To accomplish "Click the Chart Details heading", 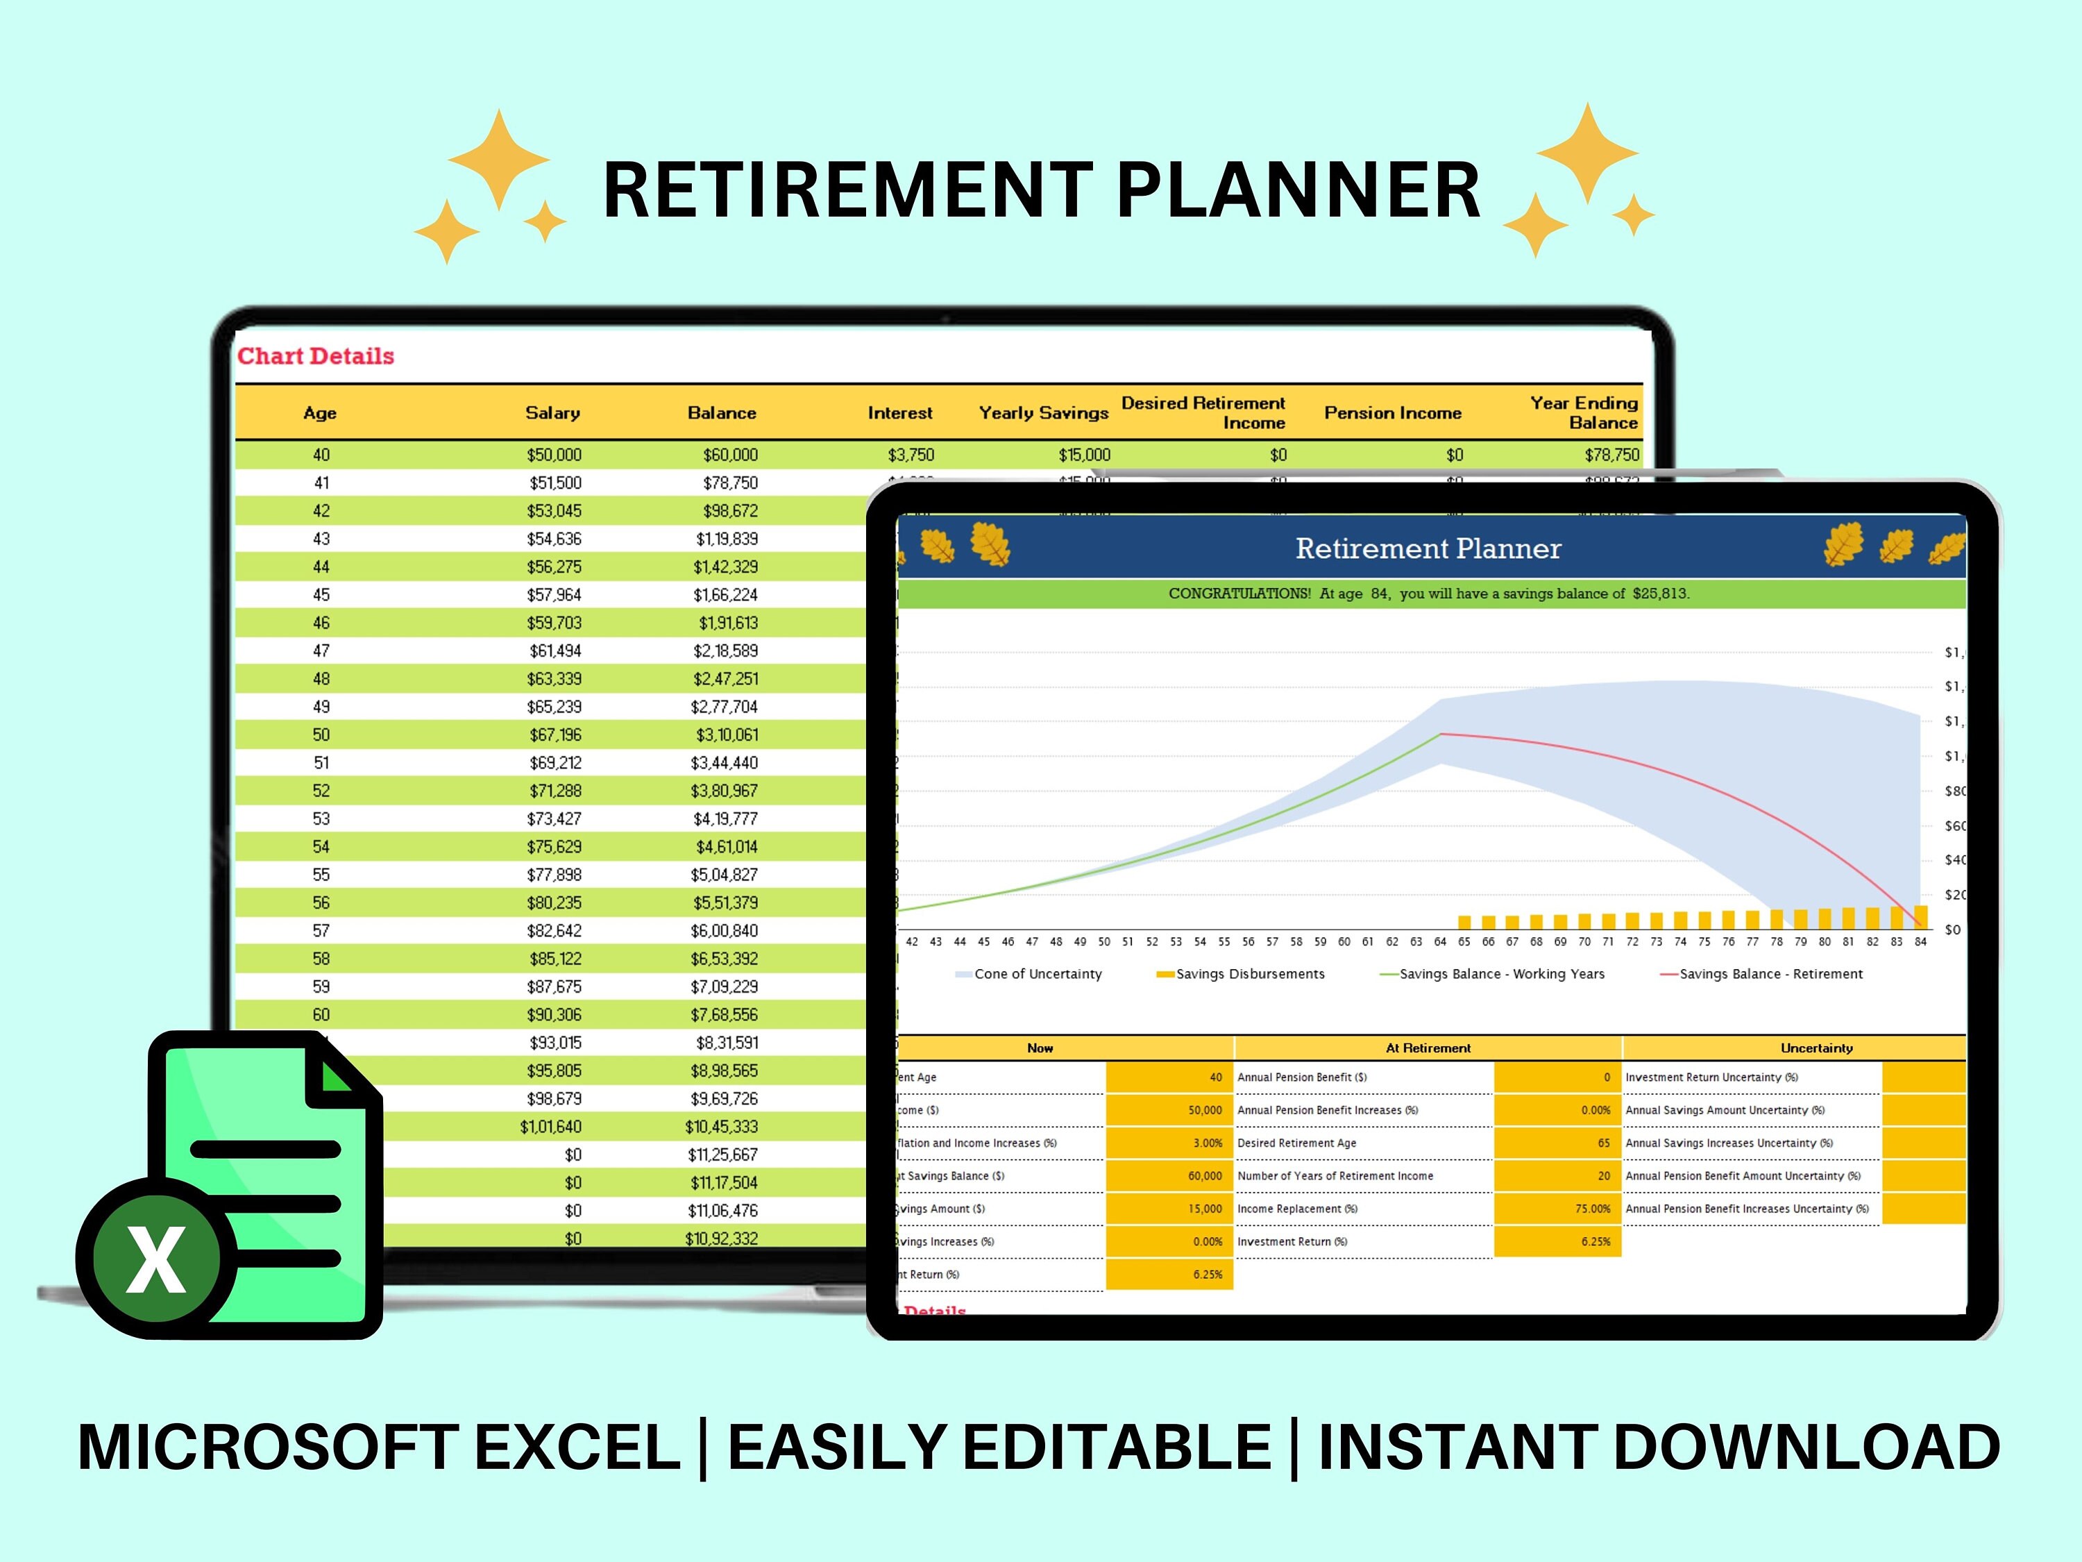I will [315, 356].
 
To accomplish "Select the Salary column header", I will [552, 412].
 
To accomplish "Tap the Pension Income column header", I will [1392, 412].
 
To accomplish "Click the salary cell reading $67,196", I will [555, 734].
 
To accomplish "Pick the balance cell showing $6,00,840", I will [724, 930].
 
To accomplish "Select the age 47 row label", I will [321, 650].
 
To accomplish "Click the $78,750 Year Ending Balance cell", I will [1611, 455].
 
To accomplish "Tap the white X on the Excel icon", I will [156, 1260].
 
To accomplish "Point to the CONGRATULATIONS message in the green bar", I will [1428, 593].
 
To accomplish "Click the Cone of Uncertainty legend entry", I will [1038, 973].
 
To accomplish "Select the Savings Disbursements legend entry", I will [1249, 973].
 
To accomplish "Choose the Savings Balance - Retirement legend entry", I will [1770, 973].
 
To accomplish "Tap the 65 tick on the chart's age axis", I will [1464, 941].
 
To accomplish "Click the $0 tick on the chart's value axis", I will [1952, 930].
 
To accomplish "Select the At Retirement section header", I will [1428, 1048].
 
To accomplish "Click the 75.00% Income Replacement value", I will [1593, 1209].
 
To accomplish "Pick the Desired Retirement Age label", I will [1296, 1143].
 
